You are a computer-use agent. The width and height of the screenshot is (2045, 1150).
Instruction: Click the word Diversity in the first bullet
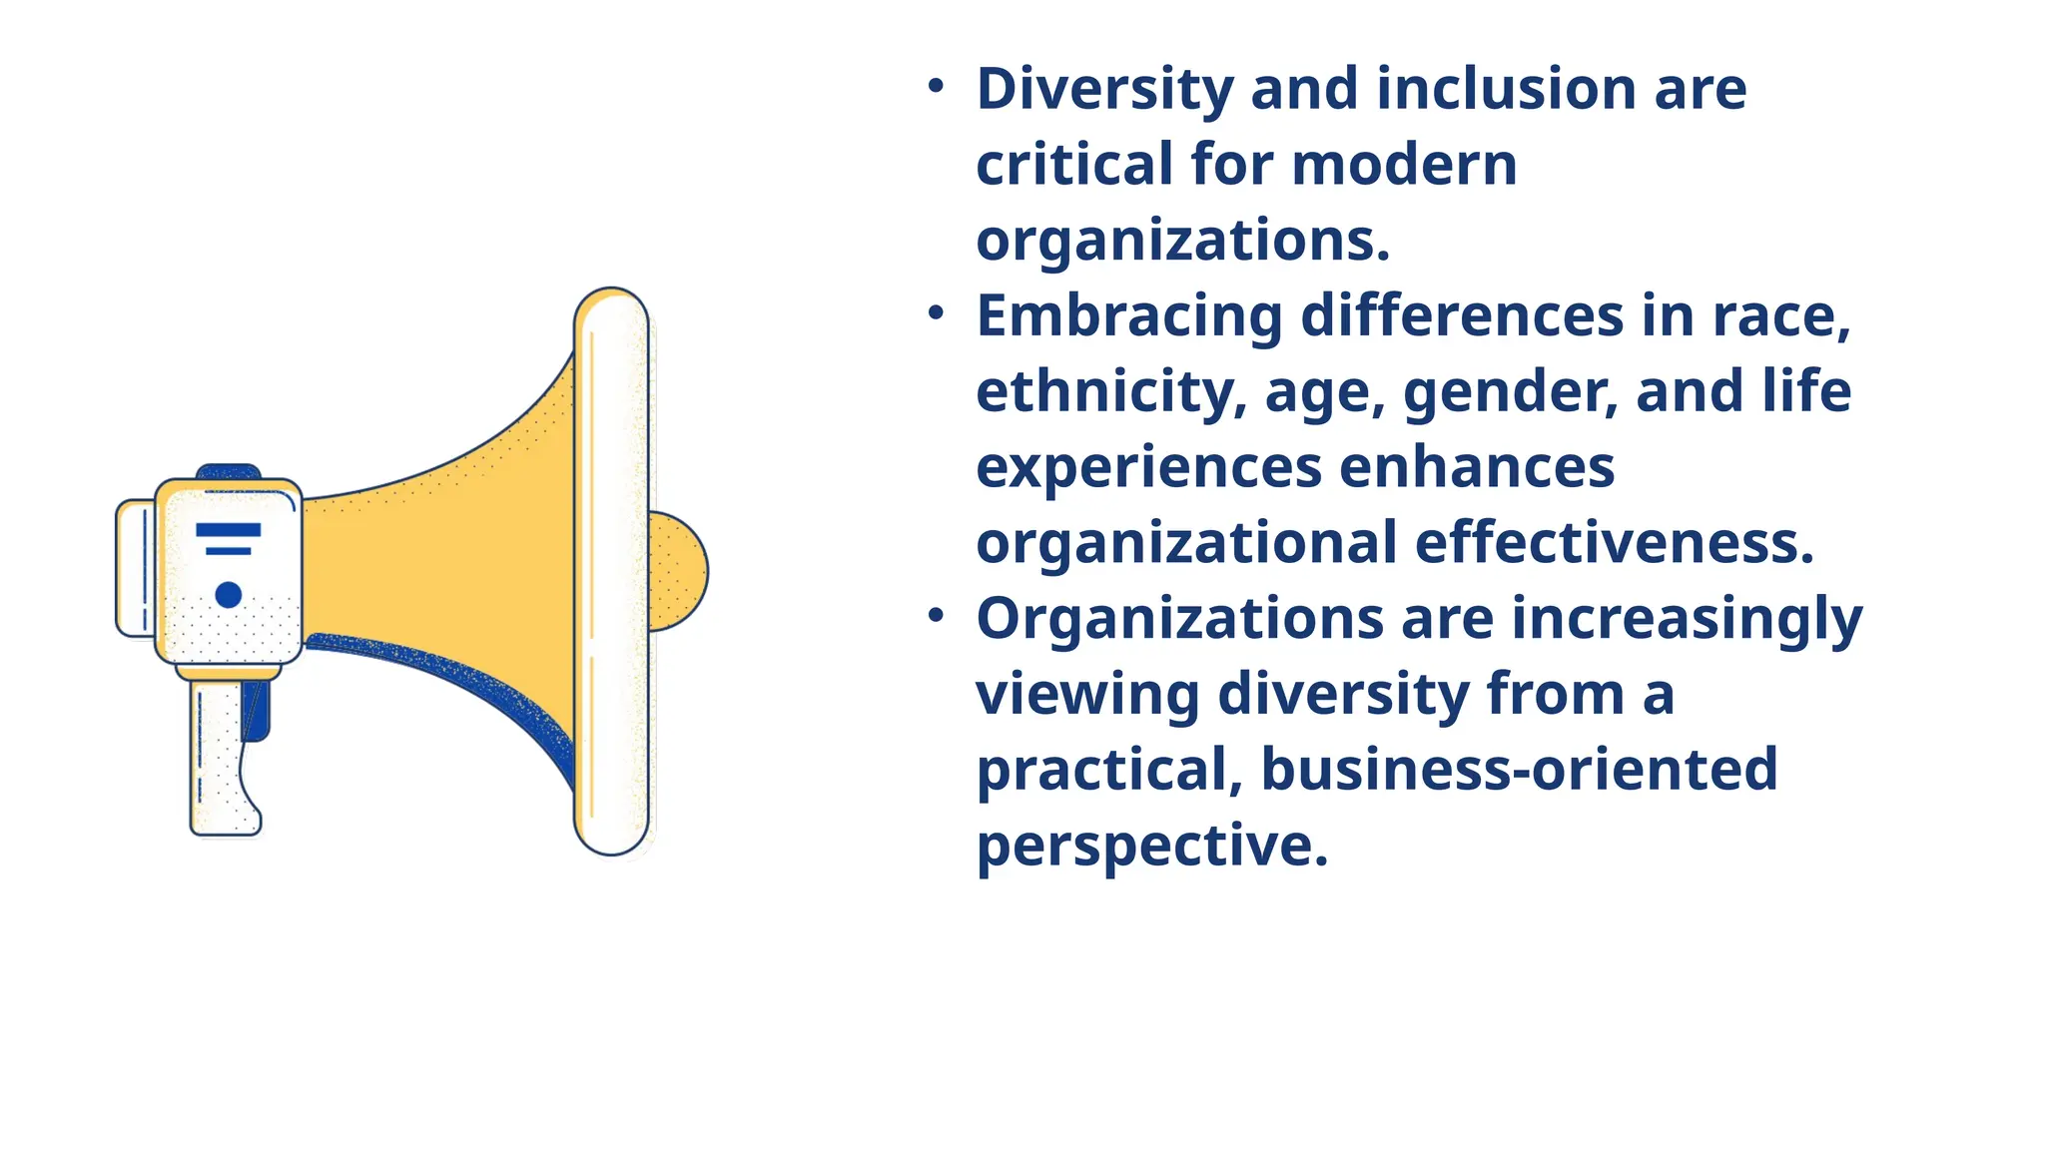(x=1104, y=90)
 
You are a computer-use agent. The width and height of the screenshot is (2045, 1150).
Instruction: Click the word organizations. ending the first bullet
(x=1182, y=241)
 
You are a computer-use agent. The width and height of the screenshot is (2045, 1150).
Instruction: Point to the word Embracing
(x=1128, y=316)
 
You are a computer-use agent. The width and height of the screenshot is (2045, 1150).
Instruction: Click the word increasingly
(x=1687, y=619)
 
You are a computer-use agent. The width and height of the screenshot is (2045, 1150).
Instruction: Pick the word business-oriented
(x=1519, y=770)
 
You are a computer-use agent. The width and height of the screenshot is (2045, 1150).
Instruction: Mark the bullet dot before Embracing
(x=936, y=313)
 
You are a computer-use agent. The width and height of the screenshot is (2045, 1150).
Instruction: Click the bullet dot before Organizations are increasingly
(x=936, y=616)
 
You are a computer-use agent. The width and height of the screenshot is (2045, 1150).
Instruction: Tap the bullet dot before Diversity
(x=936, y=87)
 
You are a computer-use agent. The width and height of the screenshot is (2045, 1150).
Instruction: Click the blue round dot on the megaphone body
(x=229, y=595)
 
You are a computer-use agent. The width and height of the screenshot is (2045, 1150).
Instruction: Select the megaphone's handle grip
(x=222, y=759)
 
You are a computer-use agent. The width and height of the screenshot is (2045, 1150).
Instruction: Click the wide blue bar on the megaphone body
(x=229, y=529)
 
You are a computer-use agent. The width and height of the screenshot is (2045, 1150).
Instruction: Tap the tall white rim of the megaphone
(x=612, y=571)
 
